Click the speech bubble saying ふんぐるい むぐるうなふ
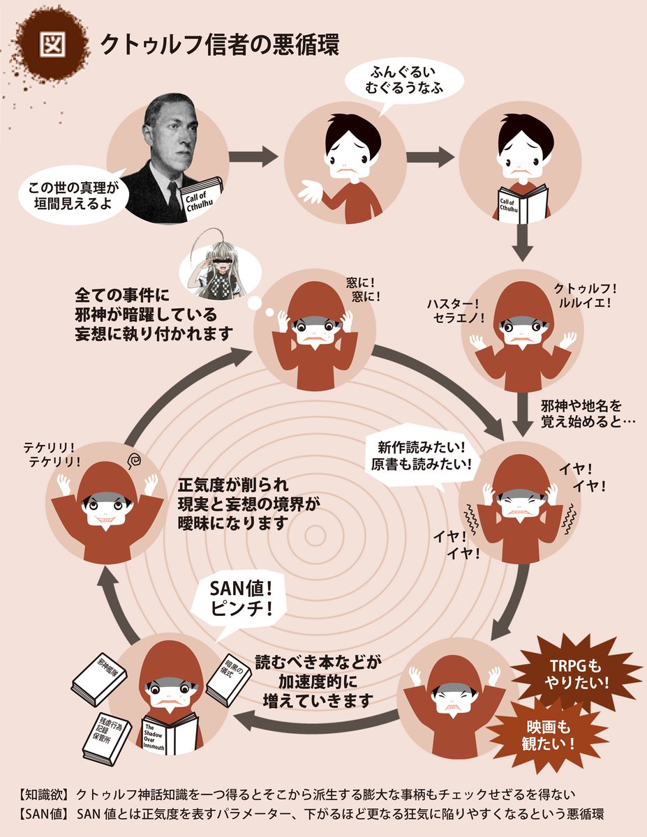point(396,82)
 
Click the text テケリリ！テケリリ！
point(52,454)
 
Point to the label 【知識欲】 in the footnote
point(43,794)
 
